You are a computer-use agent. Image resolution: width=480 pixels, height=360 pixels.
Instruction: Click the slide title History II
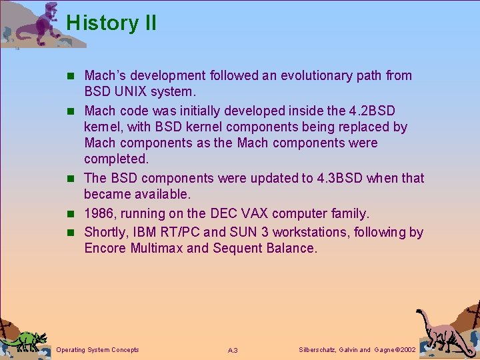pos(111,23)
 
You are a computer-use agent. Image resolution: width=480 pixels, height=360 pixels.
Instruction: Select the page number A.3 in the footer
pos(233,351)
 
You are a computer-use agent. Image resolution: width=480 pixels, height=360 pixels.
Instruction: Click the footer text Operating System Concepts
pos(98,350)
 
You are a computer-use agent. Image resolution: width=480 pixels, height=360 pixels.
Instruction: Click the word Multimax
pos(159,249)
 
